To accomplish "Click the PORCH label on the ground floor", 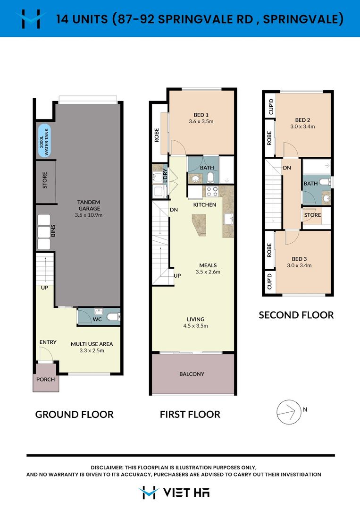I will [46, 380].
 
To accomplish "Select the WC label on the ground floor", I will [97, 319].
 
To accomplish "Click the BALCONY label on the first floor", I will [192, 374].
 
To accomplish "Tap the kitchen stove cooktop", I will [212, 191].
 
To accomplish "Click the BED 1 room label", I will [201, 115].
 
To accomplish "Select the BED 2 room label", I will [302, 120].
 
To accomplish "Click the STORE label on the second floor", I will [312, 215].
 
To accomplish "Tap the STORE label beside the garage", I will [45, 180].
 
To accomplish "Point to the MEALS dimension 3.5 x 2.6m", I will [208, 272].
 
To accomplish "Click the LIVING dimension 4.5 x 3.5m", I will [195, 326].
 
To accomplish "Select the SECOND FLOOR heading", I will [296, 315].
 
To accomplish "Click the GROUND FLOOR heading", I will [75, 415].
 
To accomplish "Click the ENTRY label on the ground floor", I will [48, 342].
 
